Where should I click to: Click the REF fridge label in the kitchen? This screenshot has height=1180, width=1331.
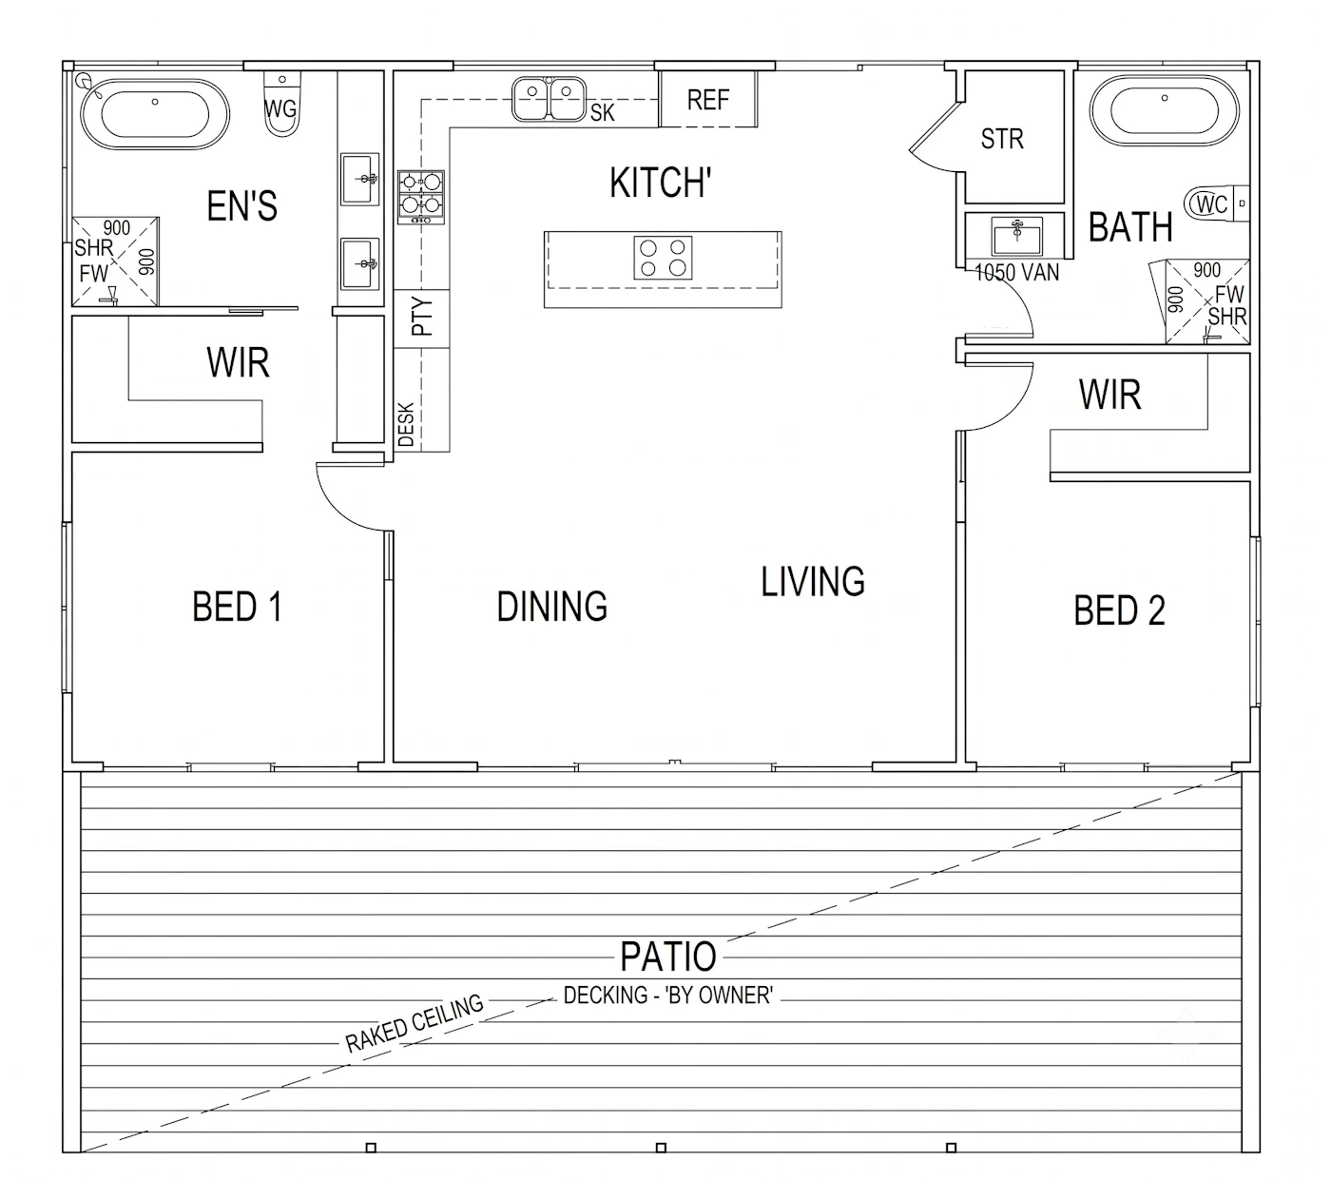pos(707,100)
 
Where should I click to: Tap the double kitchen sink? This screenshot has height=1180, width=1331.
pos(549,99)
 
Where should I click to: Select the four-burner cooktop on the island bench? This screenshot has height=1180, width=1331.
pos(663,258)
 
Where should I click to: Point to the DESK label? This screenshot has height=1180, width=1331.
pos(406,424)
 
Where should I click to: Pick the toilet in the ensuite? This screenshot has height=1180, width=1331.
pos(281,103)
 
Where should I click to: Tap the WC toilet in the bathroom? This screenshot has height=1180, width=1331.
pos(1216,204)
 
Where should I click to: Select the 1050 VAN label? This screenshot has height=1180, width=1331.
pos(1016,272)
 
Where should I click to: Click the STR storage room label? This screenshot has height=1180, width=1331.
pos(1002,139)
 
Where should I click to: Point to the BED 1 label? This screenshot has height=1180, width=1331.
pos(237,607)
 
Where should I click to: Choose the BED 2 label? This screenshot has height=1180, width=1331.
pos(1119,610)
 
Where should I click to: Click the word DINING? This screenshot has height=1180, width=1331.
pos(551,607)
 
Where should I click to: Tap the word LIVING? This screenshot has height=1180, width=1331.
pos(813,582)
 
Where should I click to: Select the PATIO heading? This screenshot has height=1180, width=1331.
pos(668,957)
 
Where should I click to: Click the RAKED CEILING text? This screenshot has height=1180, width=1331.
pos(415,1023)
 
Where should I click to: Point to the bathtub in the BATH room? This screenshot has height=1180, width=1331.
pos(1164,111)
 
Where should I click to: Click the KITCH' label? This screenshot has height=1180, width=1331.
pos(660,183)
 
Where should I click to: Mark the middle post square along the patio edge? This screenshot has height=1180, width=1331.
pos(661,1148)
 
